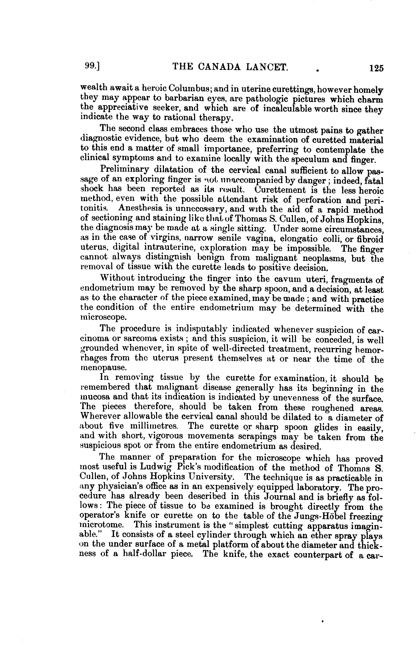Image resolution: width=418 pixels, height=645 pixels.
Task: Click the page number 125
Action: point(376,68)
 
